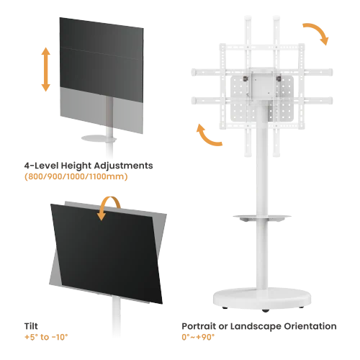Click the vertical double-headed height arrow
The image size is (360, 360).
point(46,69)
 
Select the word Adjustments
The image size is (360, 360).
point(123,166)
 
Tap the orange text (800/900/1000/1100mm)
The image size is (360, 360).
point(76,176)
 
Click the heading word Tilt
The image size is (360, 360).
point(31,326)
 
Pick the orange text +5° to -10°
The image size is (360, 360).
point(46,337)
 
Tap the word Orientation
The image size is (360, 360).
point(310,326)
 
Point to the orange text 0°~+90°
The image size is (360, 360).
point(198,337)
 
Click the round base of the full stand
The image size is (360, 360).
point(262,298)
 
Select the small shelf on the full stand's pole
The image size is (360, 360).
point(262,217)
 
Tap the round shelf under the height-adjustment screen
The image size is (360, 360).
point(99,138)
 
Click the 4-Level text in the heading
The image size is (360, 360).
point(41,166)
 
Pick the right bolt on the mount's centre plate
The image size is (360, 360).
point(279,78)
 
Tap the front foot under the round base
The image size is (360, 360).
point(266,310)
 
